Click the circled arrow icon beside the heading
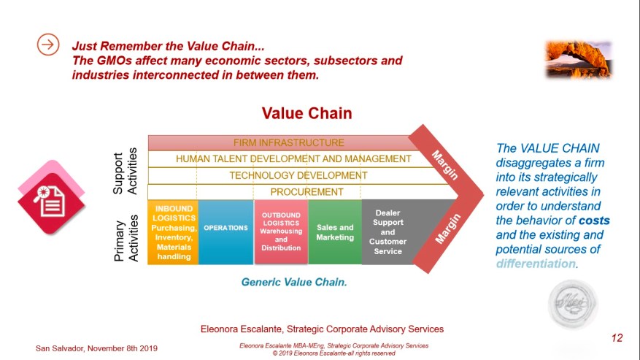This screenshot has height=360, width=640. pos(48,44)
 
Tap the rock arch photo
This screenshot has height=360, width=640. pos(579,59)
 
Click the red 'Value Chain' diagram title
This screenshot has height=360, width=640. pos(306,113)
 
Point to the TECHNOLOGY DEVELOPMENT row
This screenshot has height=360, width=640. pos(298,175)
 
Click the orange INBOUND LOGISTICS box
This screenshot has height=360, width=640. pos(173,232)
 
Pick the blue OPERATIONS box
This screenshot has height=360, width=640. pos(225,232)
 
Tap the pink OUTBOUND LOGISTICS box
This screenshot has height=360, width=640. pos(281,232)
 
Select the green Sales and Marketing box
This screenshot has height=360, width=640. pos(335,232)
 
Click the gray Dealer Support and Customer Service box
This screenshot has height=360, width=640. pos(388,232)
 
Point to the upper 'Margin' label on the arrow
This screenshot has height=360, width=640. pos(445,165)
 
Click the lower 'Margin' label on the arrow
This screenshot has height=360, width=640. pos(448,229)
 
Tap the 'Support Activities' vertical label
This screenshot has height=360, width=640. pos(125,171)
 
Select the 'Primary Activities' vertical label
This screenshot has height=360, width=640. pos(126,238)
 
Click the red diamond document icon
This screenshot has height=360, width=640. pos(51,197)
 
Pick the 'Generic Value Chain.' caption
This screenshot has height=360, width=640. pos(294,282)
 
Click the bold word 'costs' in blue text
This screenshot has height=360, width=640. pos(594,221)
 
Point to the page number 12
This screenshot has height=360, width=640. pos(617,338)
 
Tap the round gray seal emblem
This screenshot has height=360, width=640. pos(572,304)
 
